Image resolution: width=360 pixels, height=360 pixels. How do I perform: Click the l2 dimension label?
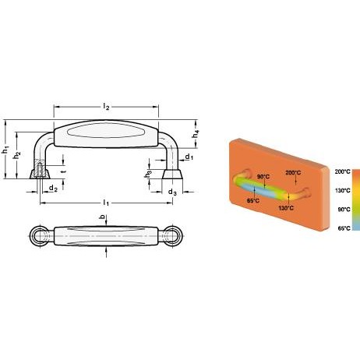pos(106,107)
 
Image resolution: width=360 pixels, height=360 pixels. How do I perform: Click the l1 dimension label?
pos(106,203)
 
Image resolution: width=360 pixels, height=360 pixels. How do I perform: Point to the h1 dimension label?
pos(5,150)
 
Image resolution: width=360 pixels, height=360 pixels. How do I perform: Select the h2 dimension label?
pos(17,155)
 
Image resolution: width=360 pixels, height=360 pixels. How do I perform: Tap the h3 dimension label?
pos(148,174)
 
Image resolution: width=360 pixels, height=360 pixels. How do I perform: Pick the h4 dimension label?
pos(196,134)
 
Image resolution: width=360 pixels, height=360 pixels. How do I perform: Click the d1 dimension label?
pos(189,157)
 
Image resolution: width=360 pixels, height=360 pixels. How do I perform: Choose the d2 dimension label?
pos(53,188)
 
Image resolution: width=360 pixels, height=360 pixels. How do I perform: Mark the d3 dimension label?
pos(172,192)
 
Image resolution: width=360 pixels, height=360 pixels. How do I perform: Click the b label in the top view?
pos(103,217)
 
